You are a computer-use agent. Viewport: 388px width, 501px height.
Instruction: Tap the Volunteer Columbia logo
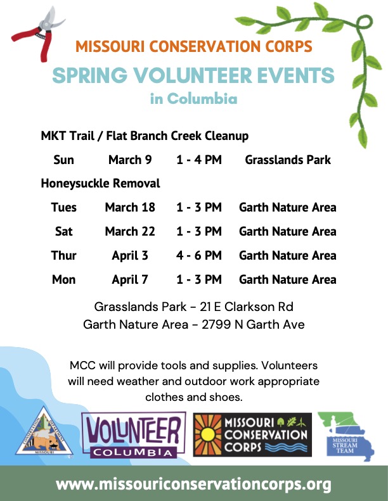point(134,435)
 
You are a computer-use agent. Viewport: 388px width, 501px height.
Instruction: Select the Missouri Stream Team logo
point(346,436)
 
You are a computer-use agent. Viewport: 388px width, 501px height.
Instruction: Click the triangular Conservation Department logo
point(44,431)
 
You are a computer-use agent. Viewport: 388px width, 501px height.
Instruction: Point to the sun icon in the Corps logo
point(208,435)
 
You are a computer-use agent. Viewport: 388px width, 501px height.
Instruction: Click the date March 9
point(130,160)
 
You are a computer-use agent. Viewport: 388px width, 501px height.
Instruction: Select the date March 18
point(130,207)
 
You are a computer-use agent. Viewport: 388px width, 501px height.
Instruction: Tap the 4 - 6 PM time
point(198,255)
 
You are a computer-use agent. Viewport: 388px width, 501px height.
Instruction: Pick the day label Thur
point(63,255)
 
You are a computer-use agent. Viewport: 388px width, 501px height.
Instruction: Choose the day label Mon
point(63,279)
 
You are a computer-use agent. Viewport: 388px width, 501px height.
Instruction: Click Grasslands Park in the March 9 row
point(288,160)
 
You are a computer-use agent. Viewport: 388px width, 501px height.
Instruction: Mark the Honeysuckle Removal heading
point(100,184)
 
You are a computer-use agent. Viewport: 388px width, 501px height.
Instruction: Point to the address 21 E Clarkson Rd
point(246,307)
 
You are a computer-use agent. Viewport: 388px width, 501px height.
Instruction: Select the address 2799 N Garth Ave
point(253,325)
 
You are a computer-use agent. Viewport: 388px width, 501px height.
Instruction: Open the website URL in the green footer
point(193,485)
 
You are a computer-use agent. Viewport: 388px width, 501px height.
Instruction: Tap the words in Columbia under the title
point(194,98)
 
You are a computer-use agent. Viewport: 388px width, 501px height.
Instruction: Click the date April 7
point(130,279)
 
